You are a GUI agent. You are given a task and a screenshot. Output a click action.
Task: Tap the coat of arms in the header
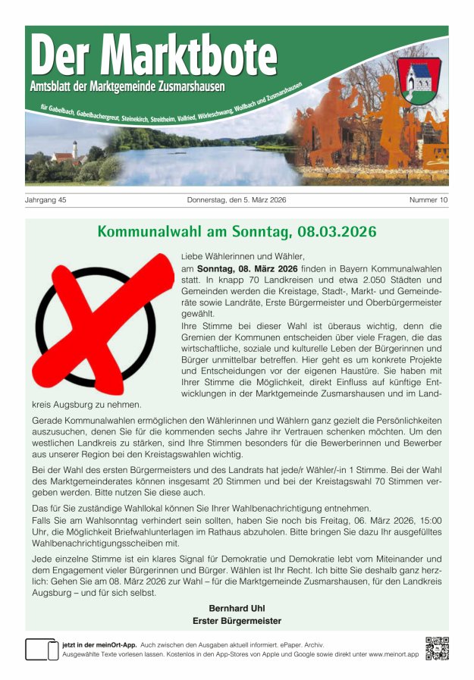[417, 80]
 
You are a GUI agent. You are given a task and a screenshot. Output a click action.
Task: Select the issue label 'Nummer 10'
[428, 200]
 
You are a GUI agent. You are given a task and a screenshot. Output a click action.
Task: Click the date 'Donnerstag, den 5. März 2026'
[237, 200]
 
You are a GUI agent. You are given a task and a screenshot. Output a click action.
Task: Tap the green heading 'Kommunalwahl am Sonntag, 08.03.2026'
[237, 231]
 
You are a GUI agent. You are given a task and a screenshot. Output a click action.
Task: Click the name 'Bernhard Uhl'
[237, 608]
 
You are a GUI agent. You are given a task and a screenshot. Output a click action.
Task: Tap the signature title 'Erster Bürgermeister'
[237, 621]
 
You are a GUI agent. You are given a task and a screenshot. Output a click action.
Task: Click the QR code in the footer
[437, 648]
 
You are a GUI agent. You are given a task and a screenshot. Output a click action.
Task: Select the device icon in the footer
[42, 649]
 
